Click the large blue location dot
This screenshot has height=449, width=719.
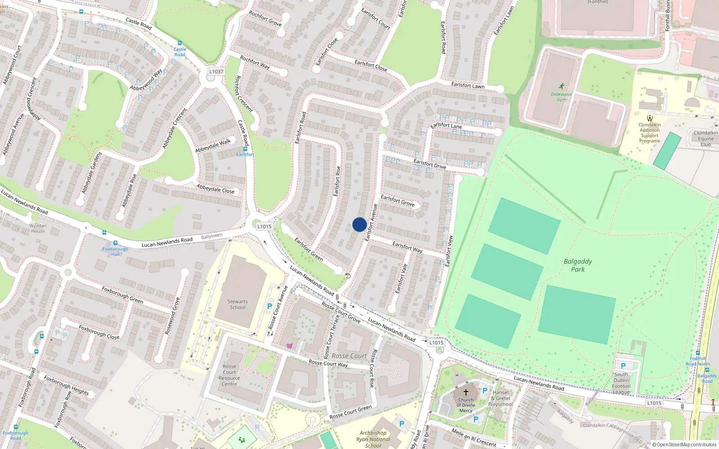coord(359,224)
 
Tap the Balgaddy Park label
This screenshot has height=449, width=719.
coord(578,265)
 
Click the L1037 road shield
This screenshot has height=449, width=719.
coord(216,71)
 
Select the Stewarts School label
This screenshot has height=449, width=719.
coord(237,304)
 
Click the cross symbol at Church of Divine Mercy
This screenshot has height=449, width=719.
coord(466,392)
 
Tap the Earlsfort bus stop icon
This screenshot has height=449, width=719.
coord(245,149)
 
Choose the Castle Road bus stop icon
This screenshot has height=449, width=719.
coord(180,44)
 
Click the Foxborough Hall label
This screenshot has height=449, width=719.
coord(115,251)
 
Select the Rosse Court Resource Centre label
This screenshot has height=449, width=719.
coord(229,375)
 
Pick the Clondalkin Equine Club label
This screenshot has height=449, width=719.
coord(706,138)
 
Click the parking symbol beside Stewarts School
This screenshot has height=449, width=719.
coord(270,306)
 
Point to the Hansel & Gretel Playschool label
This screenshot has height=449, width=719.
coord(501,398)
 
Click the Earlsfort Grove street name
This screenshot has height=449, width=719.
coord(398,200)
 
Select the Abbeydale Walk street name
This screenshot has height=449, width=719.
coord(213,145)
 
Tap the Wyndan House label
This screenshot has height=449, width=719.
coord(38,229)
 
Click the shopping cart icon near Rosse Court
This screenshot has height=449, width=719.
coord(289,346)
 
